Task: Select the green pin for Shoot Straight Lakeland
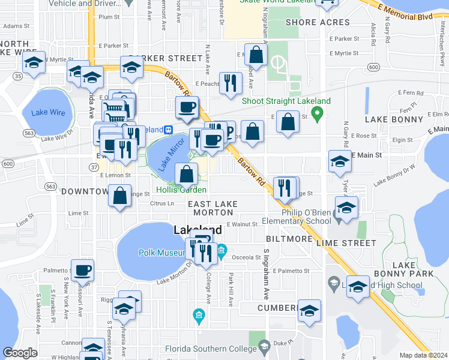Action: (319, 112)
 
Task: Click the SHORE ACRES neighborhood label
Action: (318, 23)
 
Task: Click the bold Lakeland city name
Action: (197, 230)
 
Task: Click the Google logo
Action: (20, 353)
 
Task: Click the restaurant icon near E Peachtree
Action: (230, 83)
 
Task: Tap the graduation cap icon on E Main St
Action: (340, 161)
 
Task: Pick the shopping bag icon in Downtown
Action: (120, 196)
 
